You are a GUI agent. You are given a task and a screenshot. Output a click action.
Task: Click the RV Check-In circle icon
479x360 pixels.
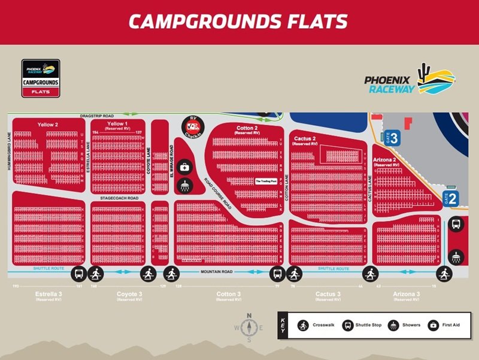click(x=193, y=126)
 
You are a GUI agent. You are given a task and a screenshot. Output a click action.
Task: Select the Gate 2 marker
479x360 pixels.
click(x=450, y=199)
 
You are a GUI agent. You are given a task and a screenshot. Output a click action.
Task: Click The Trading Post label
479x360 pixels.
click(x=266, y=181)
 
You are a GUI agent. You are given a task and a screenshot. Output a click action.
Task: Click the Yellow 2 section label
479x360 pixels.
click(x=47, y=124)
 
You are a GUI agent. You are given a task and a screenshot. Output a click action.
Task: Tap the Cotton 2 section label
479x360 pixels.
click(x=247, y=128)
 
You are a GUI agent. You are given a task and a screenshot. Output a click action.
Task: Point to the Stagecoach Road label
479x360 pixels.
click(x=119, y=198)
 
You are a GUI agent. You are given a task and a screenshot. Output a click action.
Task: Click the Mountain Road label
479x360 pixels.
click(x=217, y=271)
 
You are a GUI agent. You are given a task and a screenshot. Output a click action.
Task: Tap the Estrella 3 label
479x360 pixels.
click(x=47, y=295)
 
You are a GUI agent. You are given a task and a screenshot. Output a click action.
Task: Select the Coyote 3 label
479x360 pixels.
click(x=129, y=295)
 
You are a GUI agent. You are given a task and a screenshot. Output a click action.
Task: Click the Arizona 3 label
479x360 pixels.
click(x=407, y=295)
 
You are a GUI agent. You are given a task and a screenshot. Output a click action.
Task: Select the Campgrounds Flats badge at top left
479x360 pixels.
click(x=41, y=78)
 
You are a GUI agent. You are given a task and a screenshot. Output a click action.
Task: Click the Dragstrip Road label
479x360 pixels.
click(x=98, y=114)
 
